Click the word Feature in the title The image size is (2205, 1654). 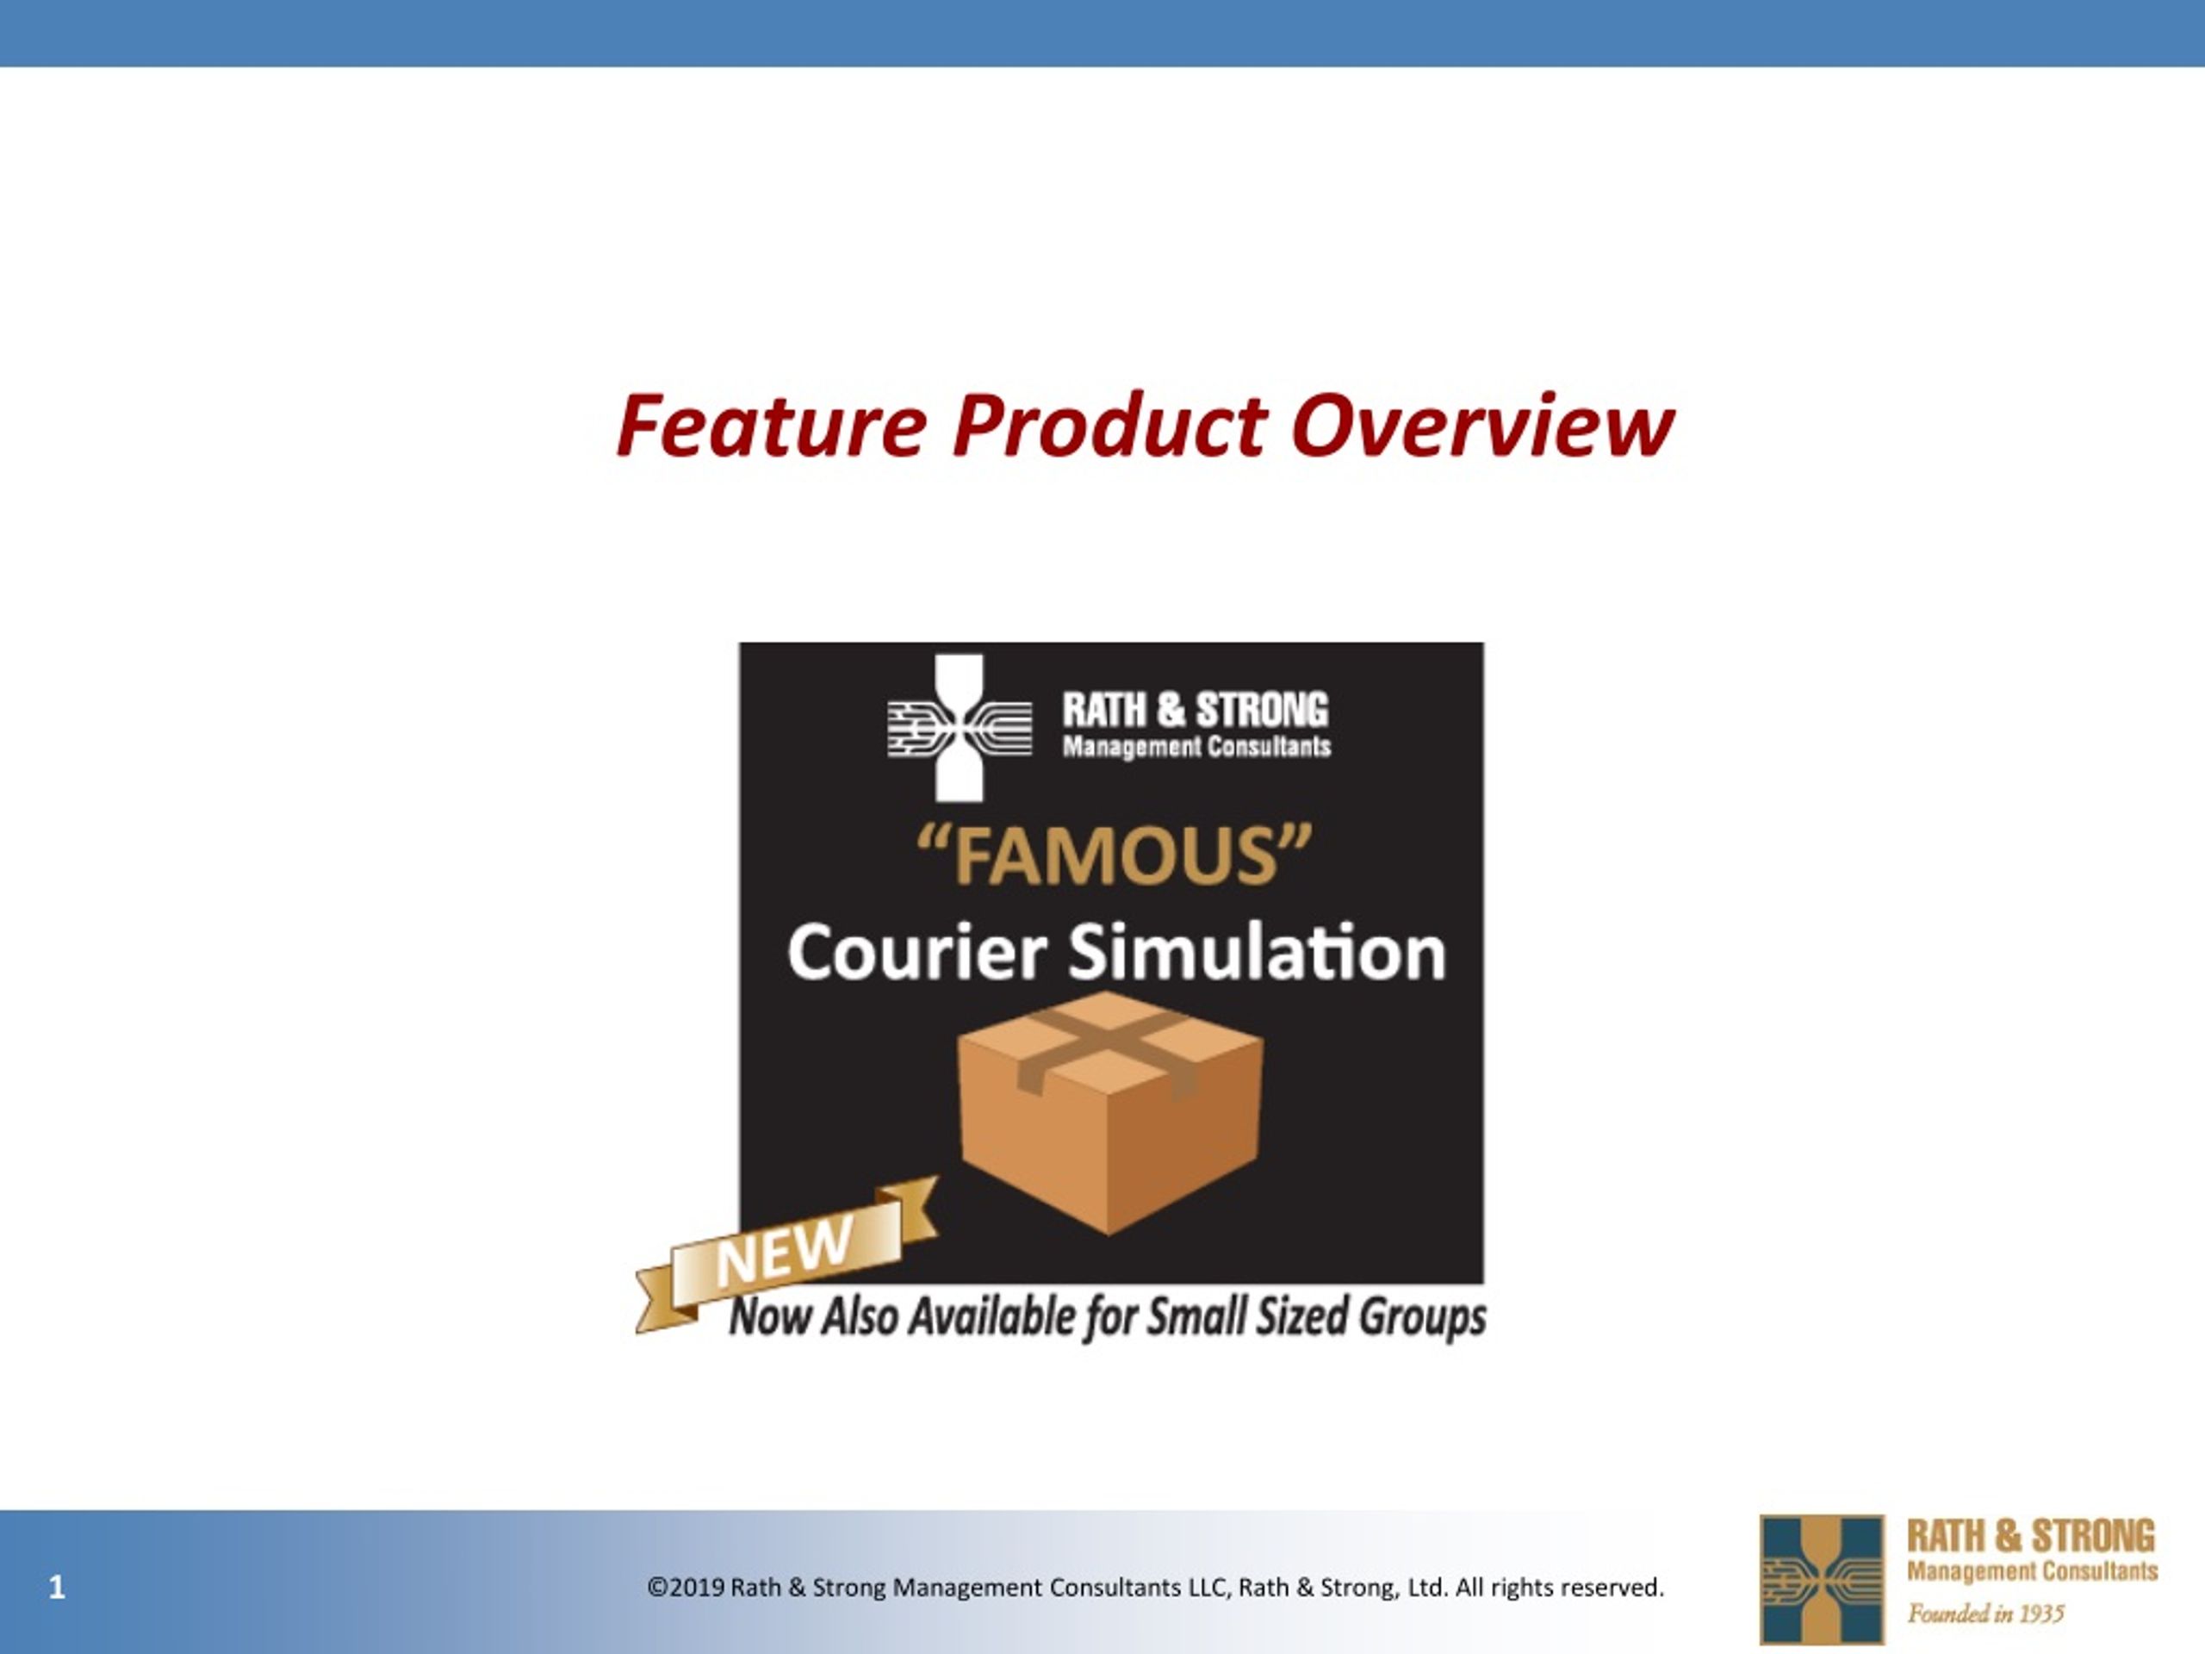tap(773, 426)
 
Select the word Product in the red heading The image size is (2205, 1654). tap(1109, 426)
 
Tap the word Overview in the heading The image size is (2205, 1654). tap(1482, 426)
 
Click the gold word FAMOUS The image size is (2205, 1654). tap(1114, 856)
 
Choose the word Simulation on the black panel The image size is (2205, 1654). tap(1257, 952)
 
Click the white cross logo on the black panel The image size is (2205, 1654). tap(959, 728)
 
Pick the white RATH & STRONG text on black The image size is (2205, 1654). tap(1196, 710)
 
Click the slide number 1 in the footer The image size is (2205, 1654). tap(57, 1587)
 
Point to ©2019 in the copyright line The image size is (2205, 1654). tap(686, 1587)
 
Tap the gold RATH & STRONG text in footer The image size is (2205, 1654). tap(2030, 1535)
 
